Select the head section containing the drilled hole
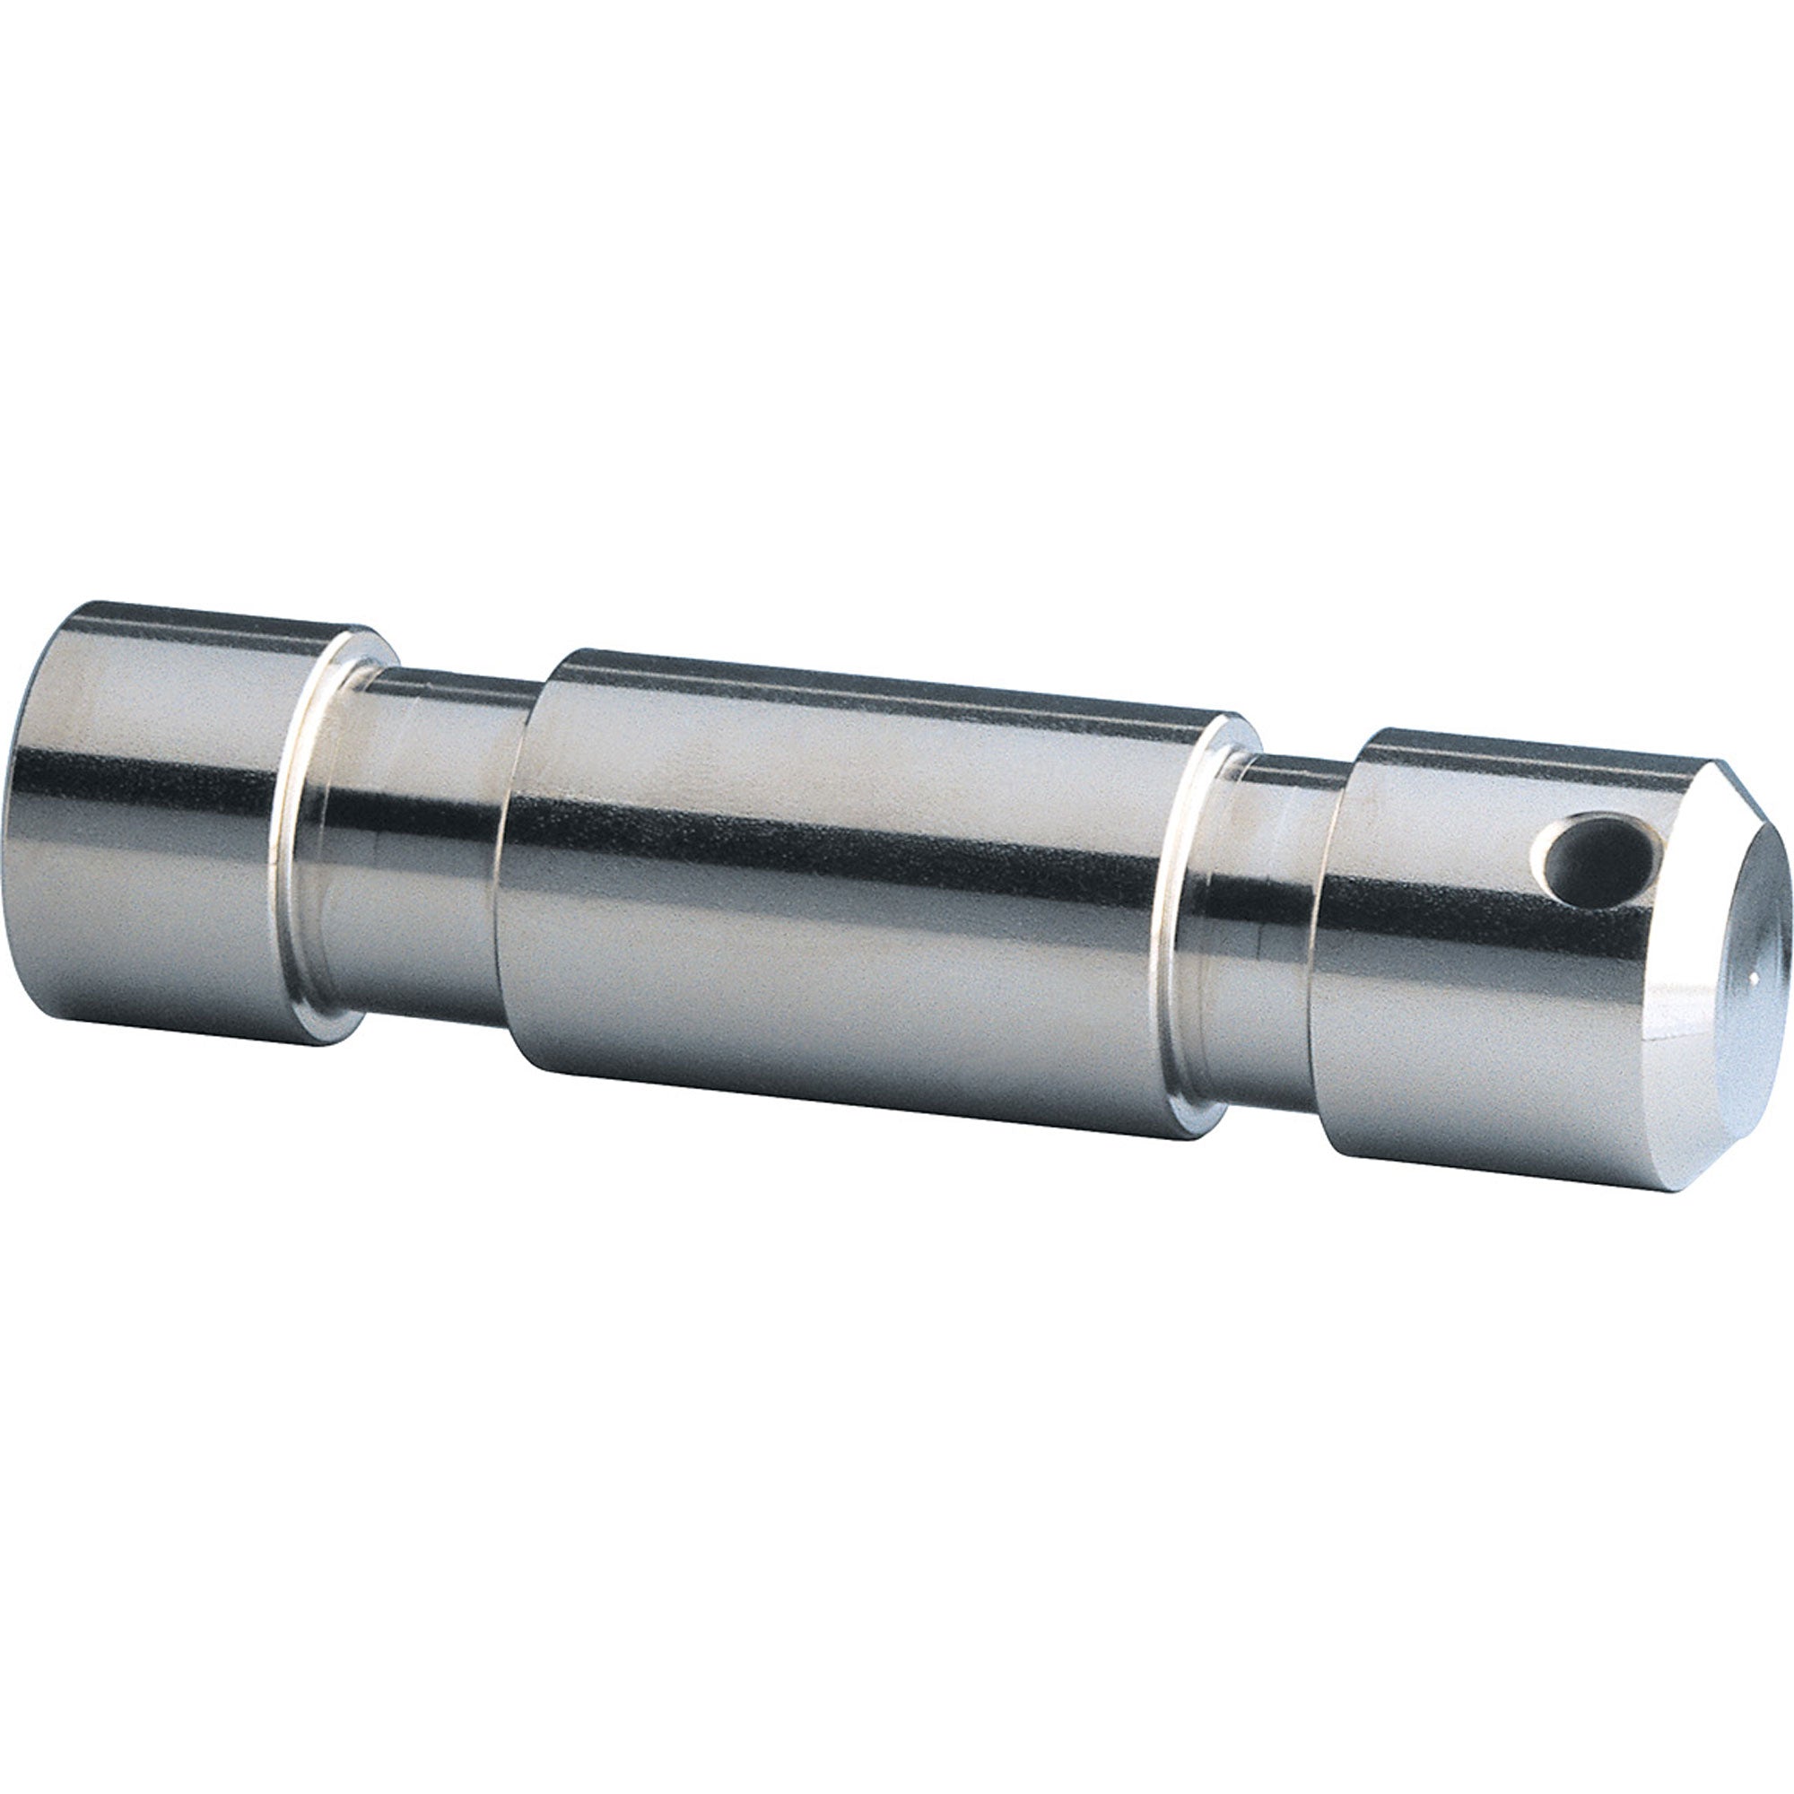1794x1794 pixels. coord(1449,966)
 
